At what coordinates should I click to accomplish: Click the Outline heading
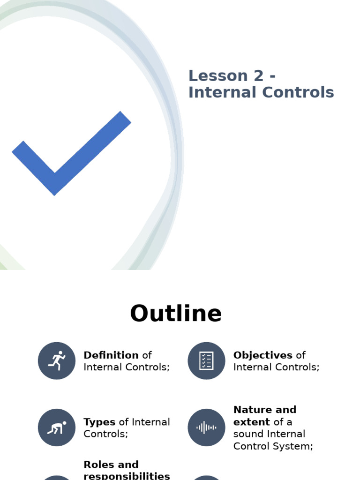tap(176, 314)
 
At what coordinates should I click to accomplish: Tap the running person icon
tap(57, 360)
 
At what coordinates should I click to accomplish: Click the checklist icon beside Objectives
tap(206, 360)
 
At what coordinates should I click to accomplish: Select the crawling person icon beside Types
tap(57, 427)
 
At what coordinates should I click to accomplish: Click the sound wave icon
tap(206, 427)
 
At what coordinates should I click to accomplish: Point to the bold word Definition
tap(111, 355)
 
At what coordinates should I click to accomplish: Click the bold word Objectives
tap(263, 355)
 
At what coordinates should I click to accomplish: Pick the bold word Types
tap(99, 422)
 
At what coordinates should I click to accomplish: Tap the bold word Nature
tap(253, 410)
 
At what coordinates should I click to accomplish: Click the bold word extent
tap(252, 422)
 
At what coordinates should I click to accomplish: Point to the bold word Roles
tap(98, 465)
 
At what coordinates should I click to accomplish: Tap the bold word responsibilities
tap(127, 476)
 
